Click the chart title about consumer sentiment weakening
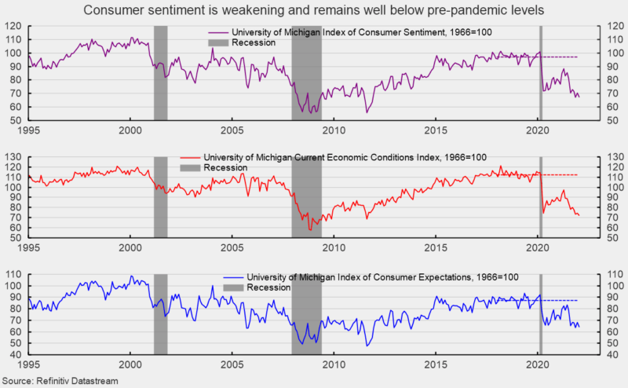[314, 9]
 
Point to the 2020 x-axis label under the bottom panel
[538, 365]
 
